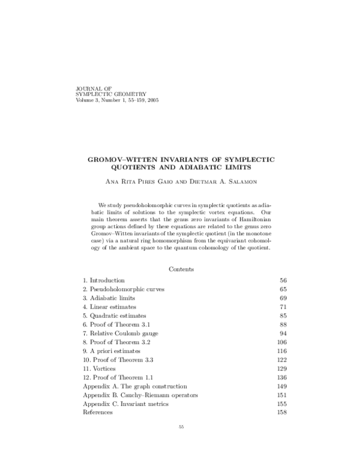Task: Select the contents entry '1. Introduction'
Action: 104,280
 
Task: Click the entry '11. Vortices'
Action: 100,368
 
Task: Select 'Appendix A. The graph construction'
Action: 135,386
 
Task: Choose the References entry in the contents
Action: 98,413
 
